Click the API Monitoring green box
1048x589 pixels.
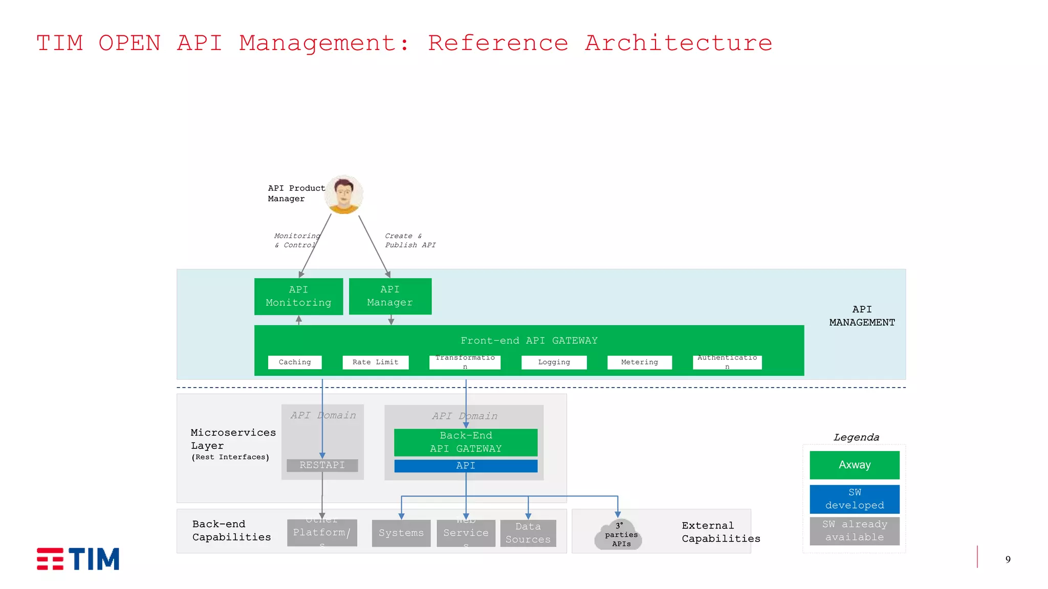(x=298, y=296)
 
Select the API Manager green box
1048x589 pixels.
(x=390, y=296)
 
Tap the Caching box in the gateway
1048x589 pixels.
(x=295, y=362)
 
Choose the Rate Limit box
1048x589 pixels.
(x=375, y=362)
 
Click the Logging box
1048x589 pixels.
(x=554, y=362)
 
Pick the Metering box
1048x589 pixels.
(x=639, y=362)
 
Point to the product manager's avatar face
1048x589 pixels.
(x=344, y=194)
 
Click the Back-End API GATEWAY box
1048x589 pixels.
(x=466, y=442)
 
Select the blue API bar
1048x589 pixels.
(x=466, y=466)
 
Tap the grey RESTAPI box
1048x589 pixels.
(x=322, y=465)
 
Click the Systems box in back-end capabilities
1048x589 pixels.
(x=401, y=533)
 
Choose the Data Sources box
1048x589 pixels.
(x=528, y=533)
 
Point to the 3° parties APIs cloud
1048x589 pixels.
(x=620, y=535)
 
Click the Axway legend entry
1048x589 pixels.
(x=854, y=465)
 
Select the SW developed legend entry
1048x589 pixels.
(x=854, y=499)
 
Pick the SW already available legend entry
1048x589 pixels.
(x=854, y=531)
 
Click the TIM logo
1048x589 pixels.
(x=78, y=558)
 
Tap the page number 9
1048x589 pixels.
(x=1008, y=559)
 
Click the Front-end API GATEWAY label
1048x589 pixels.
(x=529, y=341)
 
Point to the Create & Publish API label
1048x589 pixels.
(x=410, y=240)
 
